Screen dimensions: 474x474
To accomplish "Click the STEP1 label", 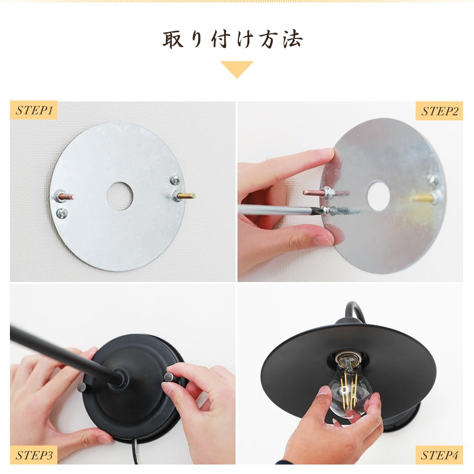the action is pyautogui.click(x=34, y=110).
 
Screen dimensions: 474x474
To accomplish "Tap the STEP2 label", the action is pyautogui.click(x=439, y=111).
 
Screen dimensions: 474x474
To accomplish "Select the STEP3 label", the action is pyautogui.click(x=34, y=455).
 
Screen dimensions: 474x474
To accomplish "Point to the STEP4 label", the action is pyautogui.click(x=439, y=455).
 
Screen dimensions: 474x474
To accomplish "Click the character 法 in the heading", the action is pyautogui.click(x=292, y=39).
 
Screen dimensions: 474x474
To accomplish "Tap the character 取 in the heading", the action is pyautogui.click(x=173, y=39).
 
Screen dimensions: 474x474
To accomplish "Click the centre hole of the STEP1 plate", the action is pyautogui.click(x=120, y=196).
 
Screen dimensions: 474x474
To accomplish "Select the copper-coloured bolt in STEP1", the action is pyautogui.click(x=64, y=197).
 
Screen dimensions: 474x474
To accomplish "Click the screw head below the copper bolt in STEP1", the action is pyautogui.click(x=62, y=213).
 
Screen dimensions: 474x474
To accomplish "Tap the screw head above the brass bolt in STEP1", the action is pyautogui.click(x=175, y=181).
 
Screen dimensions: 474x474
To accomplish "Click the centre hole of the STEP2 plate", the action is pyautogui.click(x=378, y=196).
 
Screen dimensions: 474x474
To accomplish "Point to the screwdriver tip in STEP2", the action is pyautogui.click(x=321, y=210).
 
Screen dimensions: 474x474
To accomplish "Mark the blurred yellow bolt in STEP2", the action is pyautogui.click(x=425, y=198).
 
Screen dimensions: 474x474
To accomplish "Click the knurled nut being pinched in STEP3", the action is pyautogui.click(x=169, y=377).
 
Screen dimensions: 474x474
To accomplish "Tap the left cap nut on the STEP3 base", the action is pyautogui.click(x=82, y=387).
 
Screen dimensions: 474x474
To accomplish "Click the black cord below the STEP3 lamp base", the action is pyautogui.click(x=135, y=451).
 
